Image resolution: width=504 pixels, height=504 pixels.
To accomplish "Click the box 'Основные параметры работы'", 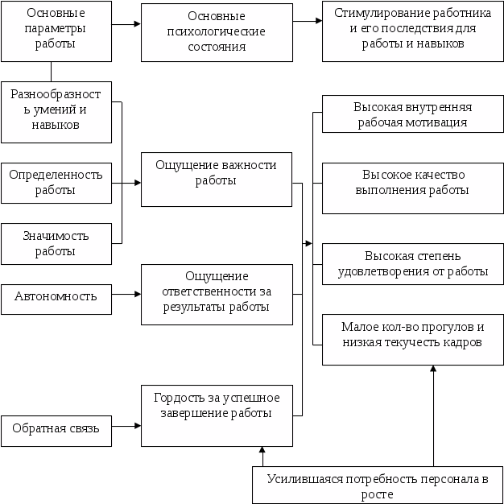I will coord(56,31).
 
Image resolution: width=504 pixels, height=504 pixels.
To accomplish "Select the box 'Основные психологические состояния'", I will coord(216,32).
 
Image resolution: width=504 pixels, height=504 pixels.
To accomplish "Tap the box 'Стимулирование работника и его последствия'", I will coord(412,32).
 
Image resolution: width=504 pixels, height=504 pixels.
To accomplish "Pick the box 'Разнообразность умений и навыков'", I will coord(56,111).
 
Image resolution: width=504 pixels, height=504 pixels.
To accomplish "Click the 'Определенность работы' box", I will coord(56,183).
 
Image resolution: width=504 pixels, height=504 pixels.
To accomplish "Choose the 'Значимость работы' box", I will coord(56,243).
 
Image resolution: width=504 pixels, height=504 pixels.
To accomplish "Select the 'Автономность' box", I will coord(56,296).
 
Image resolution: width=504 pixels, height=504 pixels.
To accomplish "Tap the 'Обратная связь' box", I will coord(56,428).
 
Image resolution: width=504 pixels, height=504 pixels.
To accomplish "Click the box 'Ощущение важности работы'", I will coord(216,179).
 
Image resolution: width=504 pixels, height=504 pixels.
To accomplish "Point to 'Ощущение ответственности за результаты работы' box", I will coord(216,293).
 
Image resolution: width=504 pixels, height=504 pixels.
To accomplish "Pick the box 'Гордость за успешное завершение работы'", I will coord(216,415).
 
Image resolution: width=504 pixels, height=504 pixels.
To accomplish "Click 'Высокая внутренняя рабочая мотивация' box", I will coord(412,114).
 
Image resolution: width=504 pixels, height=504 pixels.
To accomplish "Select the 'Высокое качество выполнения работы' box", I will coord(412,188).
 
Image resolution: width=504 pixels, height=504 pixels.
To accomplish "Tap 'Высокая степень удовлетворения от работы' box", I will coord(412,263).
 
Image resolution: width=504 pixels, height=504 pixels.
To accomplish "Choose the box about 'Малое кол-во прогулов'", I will coord(412,338).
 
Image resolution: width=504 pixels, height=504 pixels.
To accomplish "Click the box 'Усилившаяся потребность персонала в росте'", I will coord(378,485).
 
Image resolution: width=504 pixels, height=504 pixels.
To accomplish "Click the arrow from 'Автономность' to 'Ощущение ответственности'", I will coord(126,295).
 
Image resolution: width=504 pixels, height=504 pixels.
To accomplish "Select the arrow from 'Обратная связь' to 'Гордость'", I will coord(126,426).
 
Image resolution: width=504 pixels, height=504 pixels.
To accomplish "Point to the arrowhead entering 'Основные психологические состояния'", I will coord(136,24).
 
